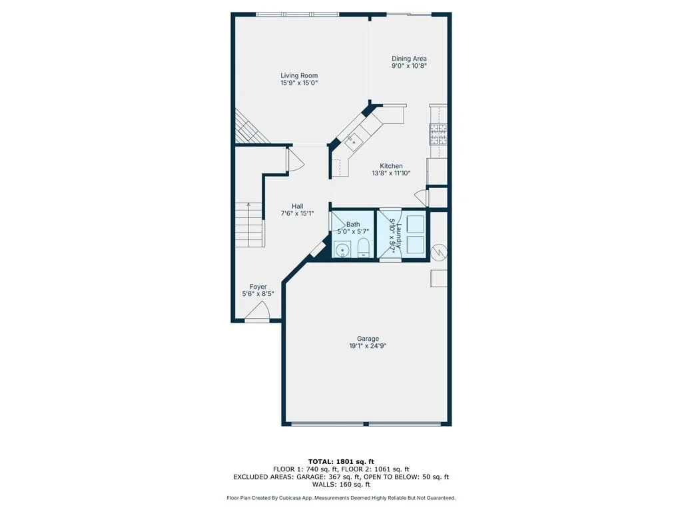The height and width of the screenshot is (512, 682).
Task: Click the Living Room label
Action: (299, 75)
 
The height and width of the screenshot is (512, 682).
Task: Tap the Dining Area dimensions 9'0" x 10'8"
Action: (409, 66)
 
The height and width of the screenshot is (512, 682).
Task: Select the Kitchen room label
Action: (391, 166)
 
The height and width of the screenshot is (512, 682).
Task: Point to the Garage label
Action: (368, 339)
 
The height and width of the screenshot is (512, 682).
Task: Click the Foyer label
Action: (258, 287)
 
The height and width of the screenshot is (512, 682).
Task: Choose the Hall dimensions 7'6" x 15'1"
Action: (298, 214)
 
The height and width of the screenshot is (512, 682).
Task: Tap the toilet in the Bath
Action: (363, 249)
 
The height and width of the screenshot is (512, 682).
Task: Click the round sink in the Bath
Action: (343, 251)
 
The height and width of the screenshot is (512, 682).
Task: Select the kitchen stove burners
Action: (438, 134)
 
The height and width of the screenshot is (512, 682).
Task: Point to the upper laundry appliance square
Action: (415, 224)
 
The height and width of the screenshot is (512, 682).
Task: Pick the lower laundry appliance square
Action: (415, 245)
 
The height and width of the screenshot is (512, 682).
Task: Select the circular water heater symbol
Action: (439, 251)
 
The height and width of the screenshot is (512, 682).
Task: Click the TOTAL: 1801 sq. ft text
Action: (341, 461)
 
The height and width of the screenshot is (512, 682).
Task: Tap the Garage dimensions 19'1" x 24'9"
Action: (368, 346)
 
